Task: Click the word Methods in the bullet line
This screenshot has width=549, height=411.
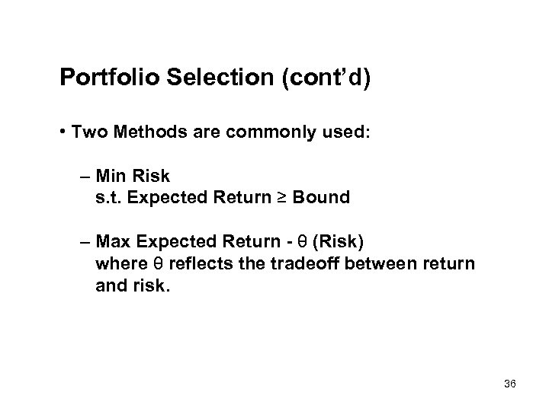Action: click(x=149, y=132)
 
